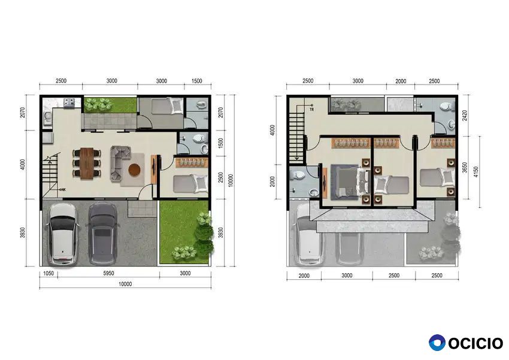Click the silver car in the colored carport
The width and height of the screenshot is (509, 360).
click(63, 234)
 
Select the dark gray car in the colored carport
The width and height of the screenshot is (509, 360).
click(103, 234)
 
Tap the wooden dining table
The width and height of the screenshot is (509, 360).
click(87, 164)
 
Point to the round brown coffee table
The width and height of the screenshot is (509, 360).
click(134, 169)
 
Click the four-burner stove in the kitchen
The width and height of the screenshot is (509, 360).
click(69, 102)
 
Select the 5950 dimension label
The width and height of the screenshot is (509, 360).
click(109, 273)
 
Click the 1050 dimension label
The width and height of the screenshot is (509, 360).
click(49, 273)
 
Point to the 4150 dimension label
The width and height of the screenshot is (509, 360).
click(476, 172)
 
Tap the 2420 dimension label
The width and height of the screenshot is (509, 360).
click(465, 116)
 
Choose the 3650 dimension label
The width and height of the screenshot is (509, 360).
click(465, 167)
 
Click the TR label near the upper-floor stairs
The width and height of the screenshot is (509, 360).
click(312, 110)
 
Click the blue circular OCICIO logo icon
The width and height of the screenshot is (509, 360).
click(437, 343)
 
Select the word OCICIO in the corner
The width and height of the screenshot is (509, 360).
click(475, 343)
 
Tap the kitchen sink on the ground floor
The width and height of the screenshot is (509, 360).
click(47, 117)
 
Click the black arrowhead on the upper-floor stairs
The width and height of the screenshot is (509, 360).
click(296, 159)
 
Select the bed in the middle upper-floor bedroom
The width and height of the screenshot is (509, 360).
click(392, 185)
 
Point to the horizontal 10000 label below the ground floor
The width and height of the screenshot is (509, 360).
click(125, 284)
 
